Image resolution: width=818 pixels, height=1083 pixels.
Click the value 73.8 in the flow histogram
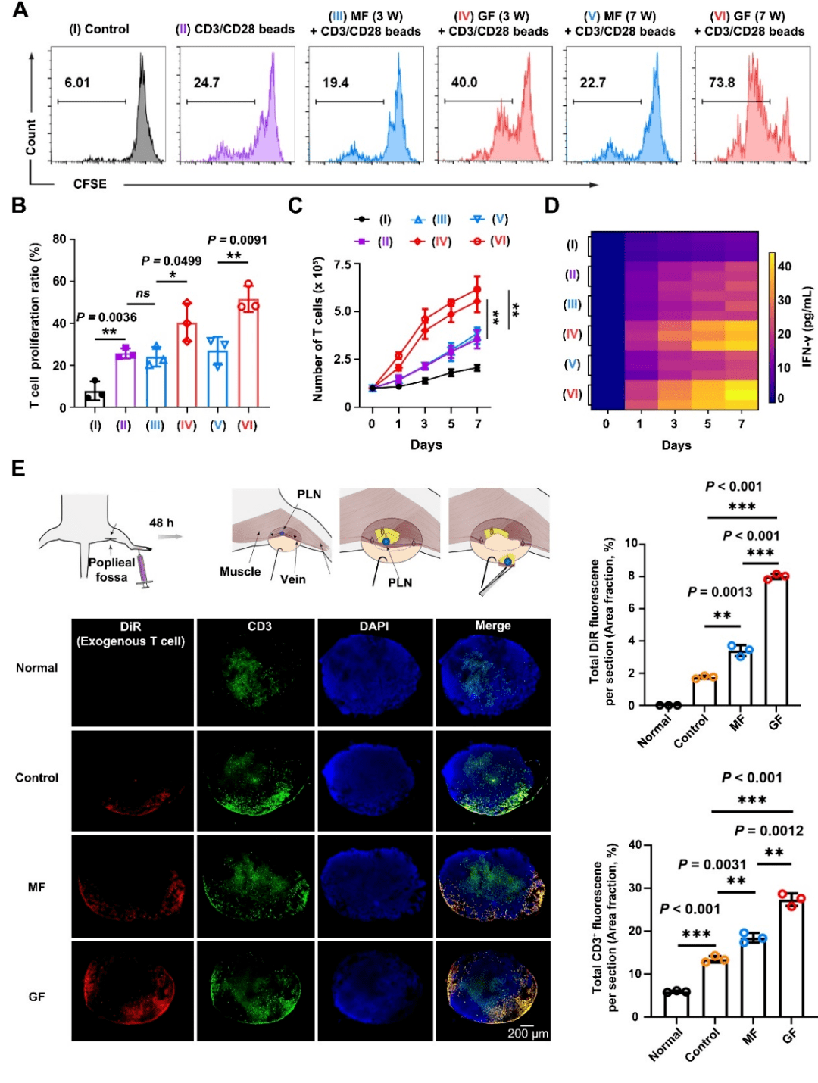(x=721, y=83)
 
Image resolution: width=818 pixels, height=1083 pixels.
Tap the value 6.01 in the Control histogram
(x=77, y=83)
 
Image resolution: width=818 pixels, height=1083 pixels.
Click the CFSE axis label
(x=89, y=184)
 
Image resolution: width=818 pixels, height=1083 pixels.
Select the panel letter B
(x=18, y=206)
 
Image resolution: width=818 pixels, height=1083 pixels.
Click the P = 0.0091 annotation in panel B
(x=237, y=240)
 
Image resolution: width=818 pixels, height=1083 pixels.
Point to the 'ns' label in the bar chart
(x=142, y=294)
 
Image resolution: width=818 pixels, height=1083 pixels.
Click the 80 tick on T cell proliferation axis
(x=59, y=239)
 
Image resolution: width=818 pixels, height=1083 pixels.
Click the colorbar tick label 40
(x=785, y=266)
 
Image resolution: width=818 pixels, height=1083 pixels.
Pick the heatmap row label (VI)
(x=572, y=394)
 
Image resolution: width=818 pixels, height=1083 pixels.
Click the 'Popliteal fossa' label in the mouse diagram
(x=111, y=570)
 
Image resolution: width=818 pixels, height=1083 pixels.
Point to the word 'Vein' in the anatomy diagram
(x=293, y=579)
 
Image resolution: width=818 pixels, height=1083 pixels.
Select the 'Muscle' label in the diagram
(x=240, y=572)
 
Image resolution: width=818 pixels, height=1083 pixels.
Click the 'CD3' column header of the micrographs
(x=259, y=626)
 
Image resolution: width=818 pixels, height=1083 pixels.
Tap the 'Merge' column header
(x=492, y=626)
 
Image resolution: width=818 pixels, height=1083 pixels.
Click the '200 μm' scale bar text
(x=528, y=1033)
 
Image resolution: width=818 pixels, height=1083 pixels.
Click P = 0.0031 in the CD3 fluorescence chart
(x=712, y=864)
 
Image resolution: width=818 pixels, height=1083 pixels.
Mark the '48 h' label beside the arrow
(x=161, y=523)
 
